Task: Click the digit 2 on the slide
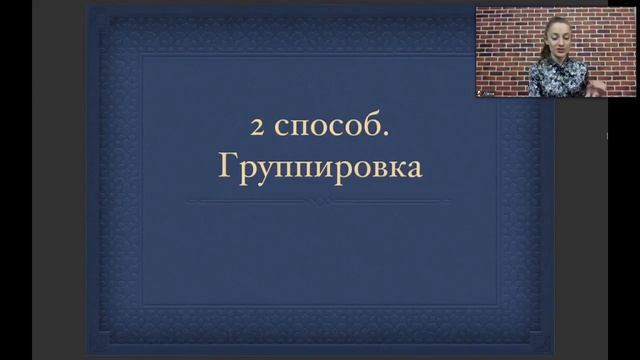coord(258,128)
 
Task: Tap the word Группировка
coord(320,166)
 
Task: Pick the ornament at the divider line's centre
coord(320,201)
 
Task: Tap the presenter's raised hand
coord(598,87)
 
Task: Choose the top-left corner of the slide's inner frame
coord(141,55)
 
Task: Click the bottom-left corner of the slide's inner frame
coord(141,304)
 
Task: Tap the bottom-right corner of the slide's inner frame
coord(499,304)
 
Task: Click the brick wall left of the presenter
coord(505,40)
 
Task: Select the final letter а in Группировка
coord(414,167)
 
